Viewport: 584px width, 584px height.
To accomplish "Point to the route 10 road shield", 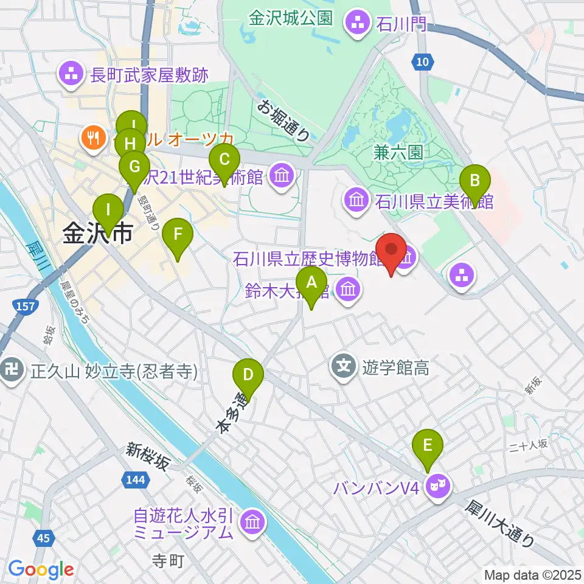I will (423, 61).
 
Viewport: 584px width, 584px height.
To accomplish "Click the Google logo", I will (41, 569).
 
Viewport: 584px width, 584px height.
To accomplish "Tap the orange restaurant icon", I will (93, 138).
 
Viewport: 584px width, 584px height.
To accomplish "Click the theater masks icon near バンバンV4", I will (439, 485).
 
